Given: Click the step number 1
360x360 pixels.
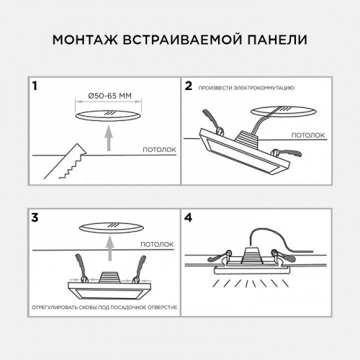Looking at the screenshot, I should pos(33,86).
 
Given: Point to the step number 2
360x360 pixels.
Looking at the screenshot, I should pos(189,86).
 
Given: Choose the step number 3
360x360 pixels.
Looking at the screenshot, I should pos(34,216).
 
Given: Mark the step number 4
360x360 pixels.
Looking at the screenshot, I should pos(189,216).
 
